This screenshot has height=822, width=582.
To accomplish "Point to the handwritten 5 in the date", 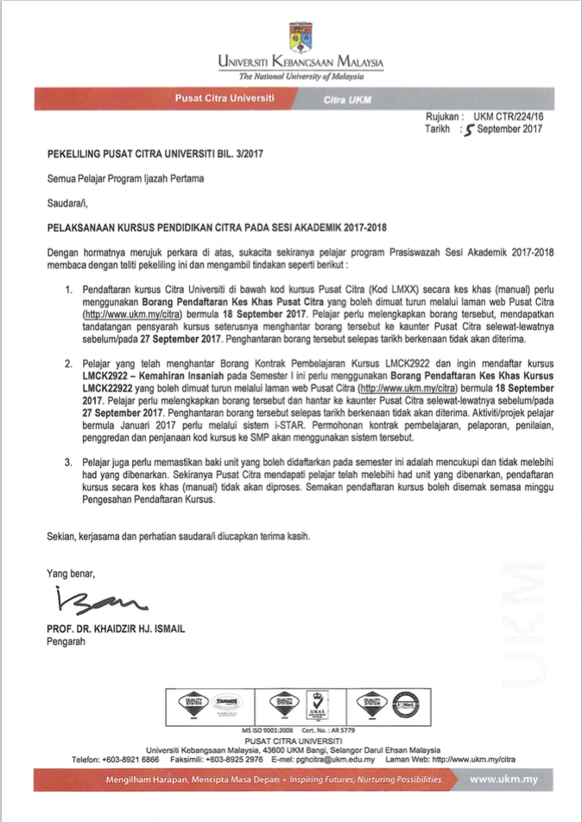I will point(469,131).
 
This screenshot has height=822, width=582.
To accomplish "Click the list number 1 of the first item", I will point(68,286).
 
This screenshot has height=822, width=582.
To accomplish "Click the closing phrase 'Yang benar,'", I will point(71,572).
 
